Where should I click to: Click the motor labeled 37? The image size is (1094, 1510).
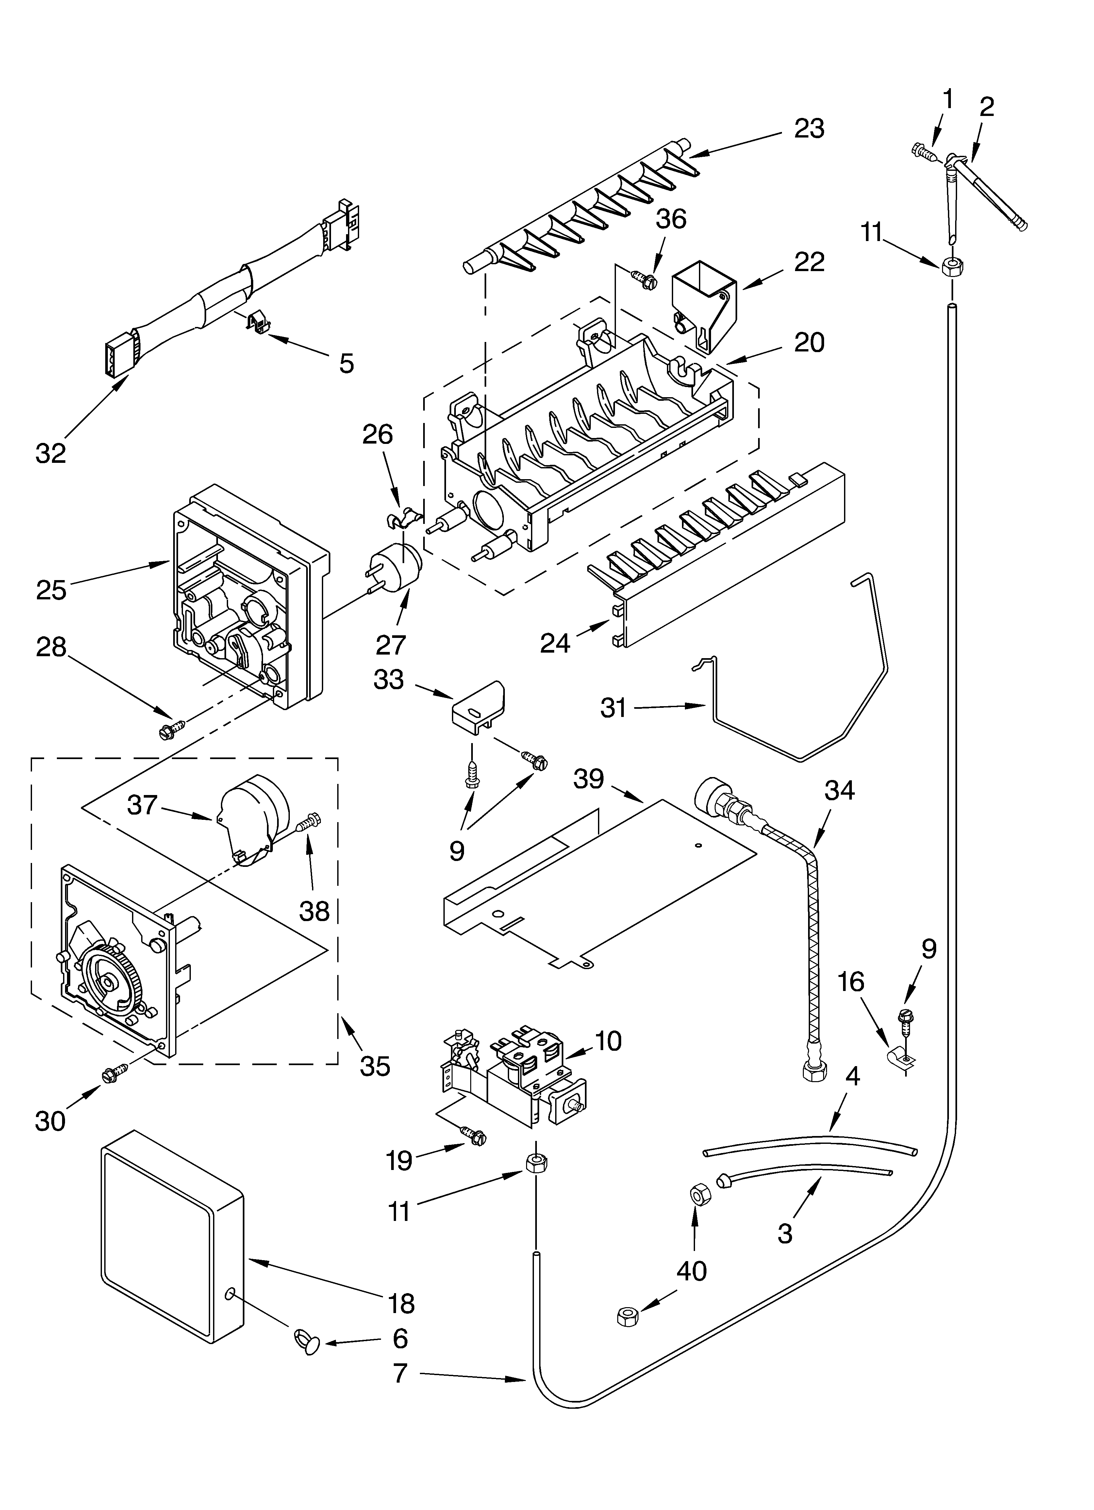(x=253, y=820)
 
